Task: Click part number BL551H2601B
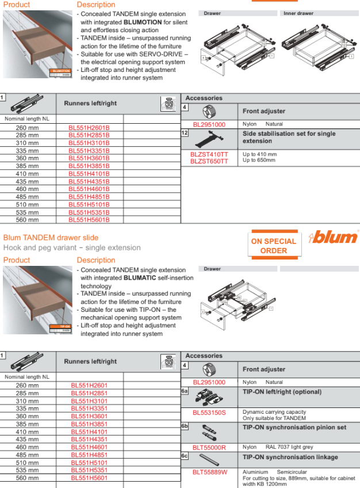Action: [x=89, y=127]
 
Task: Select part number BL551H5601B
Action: [x=89, y=220]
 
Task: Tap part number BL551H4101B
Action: [x=89, y=174]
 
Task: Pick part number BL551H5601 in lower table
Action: [x=89, y=478]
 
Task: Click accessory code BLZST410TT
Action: [x=209, y=154]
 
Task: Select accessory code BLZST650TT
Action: [x=209, y=161]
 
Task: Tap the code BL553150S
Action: [x=209, y=412]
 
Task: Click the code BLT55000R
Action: [x=209, y=447]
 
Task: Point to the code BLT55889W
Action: [x=209, y=472]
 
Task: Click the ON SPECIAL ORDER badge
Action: [x=273, y=246]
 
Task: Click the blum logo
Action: [x=334, y=237]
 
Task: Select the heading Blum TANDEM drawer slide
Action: [x=51, y=238]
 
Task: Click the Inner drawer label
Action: [x=297, y=13]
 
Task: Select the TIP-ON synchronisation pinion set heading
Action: [x=294, y=428]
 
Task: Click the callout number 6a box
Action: [x=185, y=391]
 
